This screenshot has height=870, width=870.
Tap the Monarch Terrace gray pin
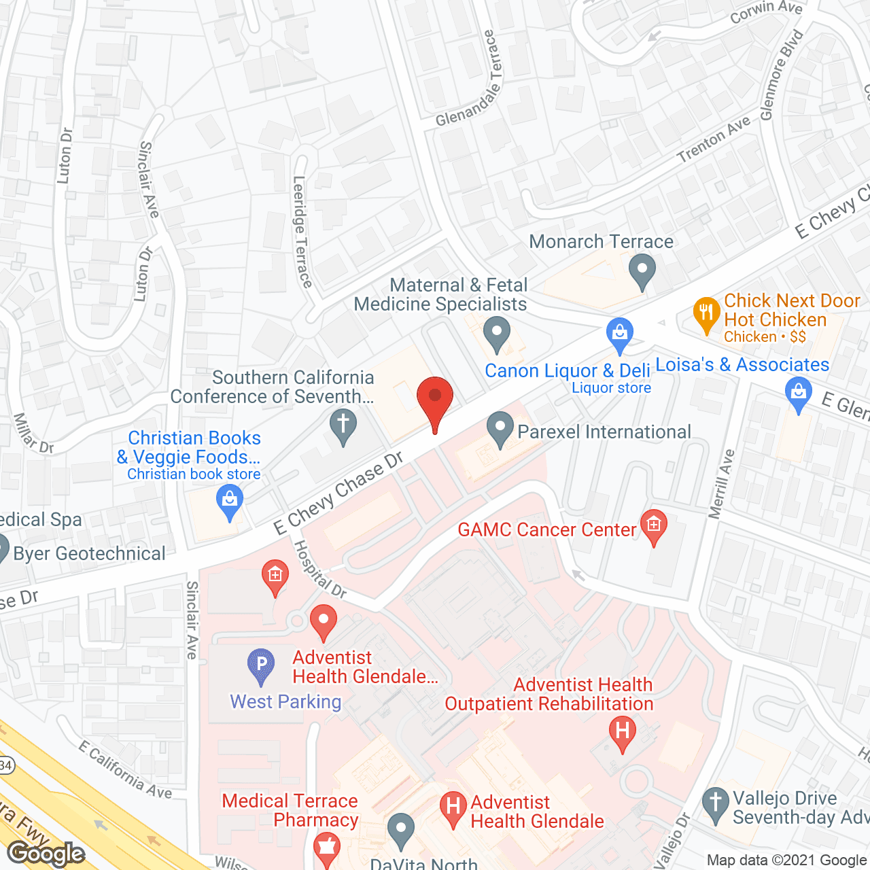(x=642, y=271)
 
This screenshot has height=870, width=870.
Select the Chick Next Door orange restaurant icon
(x=707, y=314)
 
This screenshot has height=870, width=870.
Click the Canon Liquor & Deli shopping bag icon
(x=619, y=335)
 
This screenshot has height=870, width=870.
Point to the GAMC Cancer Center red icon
(x=654, y=526)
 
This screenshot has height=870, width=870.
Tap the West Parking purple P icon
(x=261, y=665)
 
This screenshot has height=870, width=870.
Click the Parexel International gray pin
(x=500, y=430)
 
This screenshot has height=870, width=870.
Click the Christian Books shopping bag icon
(x=230, y=503)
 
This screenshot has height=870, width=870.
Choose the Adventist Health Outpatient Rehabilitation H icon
(x=622, y=733)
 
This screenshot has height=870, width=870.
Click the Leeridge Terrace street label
(x=302, y=232)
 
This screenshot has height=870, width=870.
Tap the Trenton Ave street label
(x=714, y=139)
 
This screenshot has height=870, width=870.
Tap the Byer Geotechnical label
(x=89, y=554)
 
